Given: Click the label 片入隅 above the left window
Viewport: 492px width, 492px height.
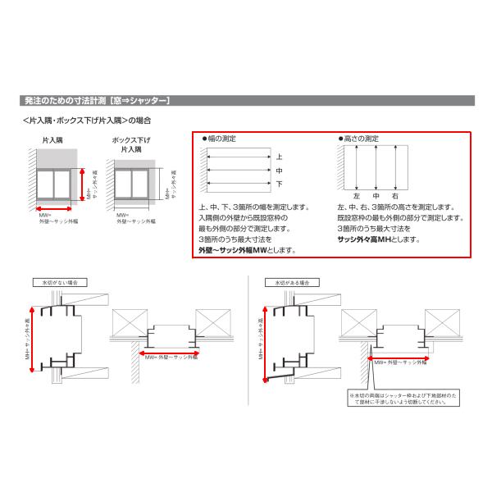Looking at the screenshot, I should click(53, 141).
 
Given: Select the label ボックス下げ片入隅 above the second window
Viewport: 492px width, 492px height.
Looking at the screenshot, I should click(132, 145).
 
